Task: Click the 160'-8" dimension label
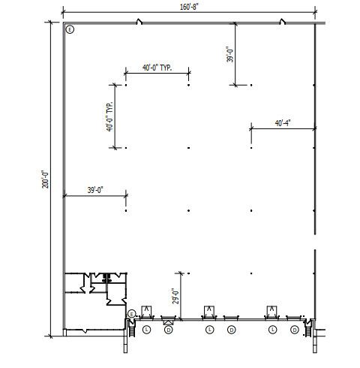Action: pyautogui.click(x=189, y=7)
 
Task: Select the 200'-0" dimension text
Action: pyautogui.click(x=46, y=179)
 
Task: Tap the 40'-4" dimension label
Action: pyautogui.click(x=283, y=123)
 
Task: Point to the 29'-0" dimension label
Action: pyautogui.click(x=175, y=297)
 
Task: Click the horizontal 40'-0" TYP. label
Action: pyautogui.click(x=157, y=68)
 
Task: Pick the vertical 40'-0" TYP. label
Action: pyautogui.click(x=109, y=116)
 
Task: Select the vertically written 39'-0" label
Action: pyautogui.click(x=229, y=54)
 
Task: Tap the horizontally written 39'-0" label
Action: pyautogui.click(x=95, y=190)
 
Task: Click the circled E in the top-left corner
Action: pyautogui.click(x=70, y=30)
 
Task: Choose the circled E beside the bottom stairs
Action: pyautogui.click(x=131, y=314)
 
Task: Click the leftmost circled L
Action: pyautogui.click(x=147, y=330)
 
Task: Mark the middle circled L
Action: pyautogui.click(x=210, y=330)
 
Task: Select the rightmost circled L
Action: pyautogui.click(x=272, y=330)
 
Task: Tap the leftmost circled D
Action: pyautogui.click(x=169, y=330)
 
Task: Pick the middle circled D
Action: pyautogui.click(x=232, y=330)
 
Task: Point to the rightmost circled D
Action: pyautogui.click(x=295, y=330)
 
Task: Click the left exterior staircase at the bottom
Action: pyautogui.click(x=132, y=328)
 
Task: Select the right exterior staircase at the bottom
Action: pyautogui.click(x=307, y=328)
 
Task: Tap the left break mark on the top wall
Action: pyautogui.click(x=139, y=22)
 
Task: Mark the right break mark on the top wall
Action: pyautogui.click(x=283, y=22)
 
